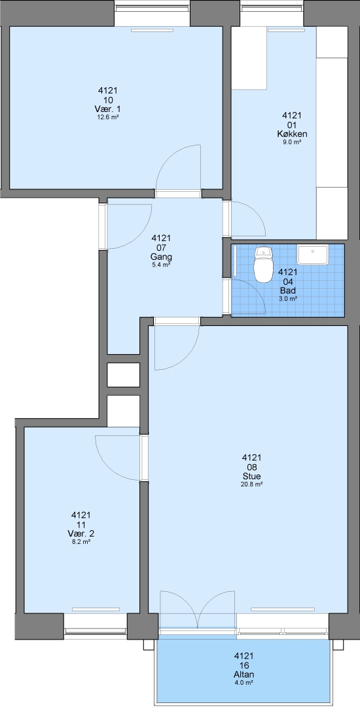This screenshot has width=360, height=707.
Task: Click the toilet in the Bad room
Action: (x=263, y=263)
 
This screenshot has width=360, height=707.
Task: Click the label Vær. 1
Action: (x=109, y=109)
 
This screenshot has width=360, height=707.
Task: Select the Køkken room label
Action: (x=291, y=134)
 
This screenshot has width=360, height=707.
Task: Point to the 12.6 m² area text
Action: (x=109, y=117)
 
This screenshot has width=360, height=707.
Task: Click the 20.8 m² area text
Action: (x=252, y=484)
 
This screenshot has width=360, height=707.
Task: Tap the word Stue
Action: (x=252, y=476)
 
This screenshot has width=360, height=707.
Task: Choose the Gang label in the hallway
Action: (x=161, y=257)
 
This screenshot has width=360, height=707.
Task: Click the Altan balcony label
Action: (x=244, y=674)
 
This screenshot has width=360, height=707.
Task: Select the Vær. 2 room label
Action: (x=82, y=534)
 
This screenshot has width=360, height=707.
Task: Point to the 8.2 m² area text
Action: (x=82, y=542)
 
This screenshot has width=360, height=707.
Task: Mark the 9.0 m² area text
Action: (x=291, y=142)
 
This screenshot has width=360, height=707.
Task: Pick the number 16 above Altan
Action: (x=244, y=666)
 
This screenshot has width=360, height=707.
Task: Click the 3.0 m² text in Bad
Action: (x=288, y=298)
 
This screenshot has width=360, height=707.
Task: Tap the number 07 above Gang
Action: (x=161, y=247)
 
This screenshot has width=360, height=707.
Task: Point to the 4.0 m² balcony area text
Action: (x=244, y=683)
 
